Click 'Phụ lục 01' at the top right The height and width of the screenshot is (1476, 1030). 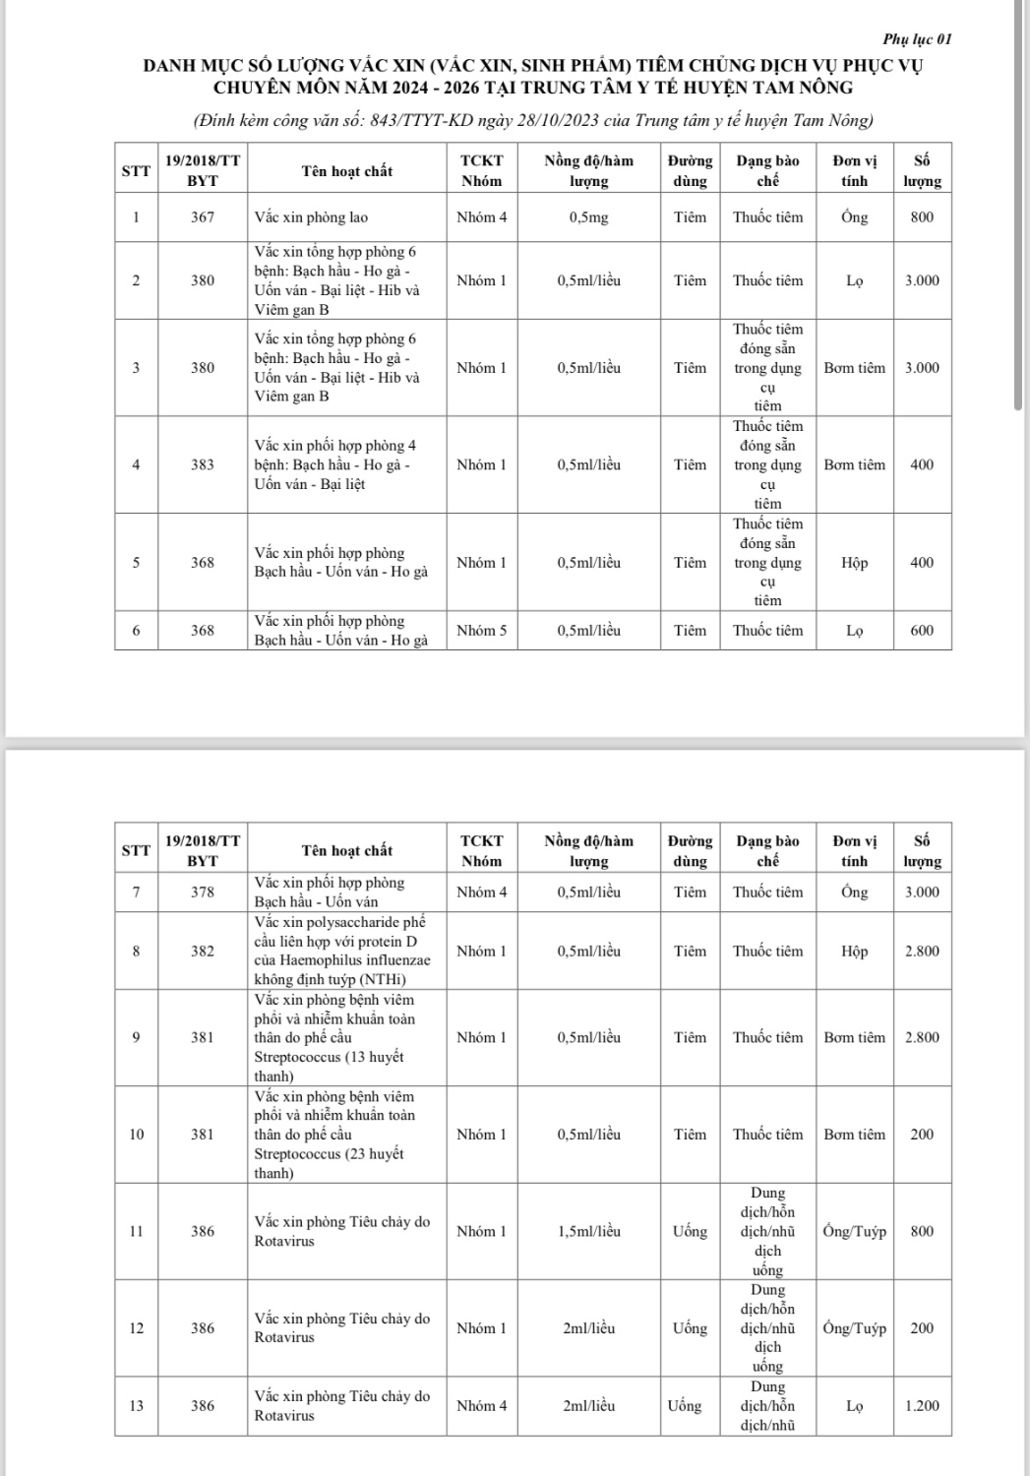coord(917,39)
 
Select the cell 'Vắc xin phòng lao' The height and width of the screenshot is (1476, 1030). coord(311,217)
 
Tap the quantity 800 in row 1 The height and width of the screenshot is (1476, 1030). coord(922,217)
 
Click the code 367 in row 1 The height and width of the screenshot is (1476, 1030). coord(203,217)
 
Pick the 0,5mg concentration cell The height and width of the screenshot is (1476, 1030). coord(588,217)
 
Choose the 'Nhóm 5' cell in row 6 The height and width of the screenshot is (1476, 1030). coord(482,631)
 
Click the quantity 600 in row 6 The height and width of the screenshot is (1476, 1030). coord(922,631)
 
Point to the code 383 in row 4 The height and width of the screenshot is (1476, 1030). coord(203,464)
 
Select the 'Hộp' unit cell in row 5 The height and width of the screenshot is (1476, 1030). coord(854,563)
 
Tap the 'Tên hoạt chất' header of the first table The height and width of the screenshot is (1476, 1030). coord(346,171)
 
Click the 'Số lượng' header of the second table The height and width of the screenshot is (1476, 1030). coord(922,851)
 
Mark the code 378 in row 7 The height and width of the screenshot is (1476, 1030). coord(203,892)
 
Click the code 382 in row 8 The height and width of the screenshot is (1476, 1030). coord(203,952)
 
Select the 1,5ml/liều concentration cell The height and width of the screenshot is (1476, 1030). coord(588,1231)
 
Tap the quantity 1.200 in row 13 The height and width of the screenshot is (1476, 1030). coord(922,1406)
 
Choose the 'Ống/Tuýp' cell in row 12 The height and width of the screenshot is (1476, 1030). coord(854,1328)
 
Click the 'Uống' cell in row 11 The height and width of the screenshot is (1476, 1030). coord(690,1231)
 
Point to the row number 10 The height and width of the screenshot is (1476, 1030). coord(136,1135)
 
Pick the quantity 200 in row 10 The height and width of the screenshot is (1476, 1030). coord(922,1135)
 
